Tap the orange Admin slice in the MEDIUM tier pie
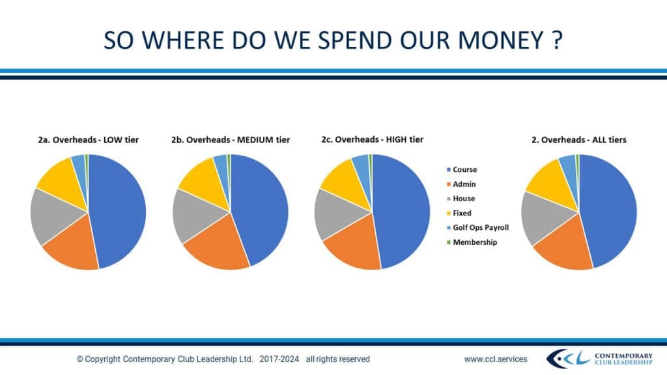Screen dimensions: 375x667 (215, 244)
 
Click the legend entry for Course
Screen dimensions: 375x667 (464, 170)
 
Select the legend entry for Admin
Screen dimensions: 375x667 (464, 184)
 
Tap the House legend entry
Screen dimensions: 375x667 (464, 199)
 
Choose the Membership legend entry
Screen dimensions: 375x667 (474, 242)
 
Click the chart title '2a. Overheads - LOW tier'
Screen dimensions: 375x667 (88, 139)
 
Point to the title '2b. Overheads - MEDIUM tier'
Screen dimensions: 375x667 (231, 139)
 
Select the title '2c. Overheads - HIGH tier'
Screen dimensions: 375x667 (372, 139)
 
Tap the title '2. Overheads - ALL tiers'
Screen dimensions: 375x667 (579, 139)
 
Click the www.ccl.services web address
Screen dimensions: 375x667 (496, 359)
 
